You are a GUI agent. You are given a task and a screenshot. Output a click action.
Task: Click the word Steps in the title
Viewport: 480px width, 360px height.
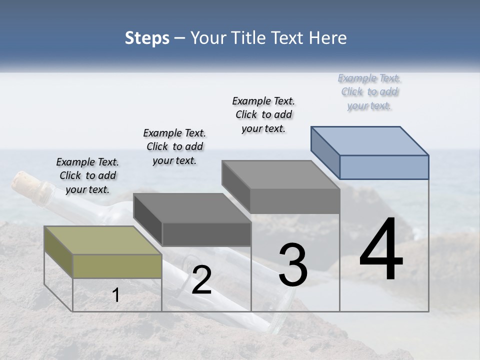pyautogui.click(x=147, y=38)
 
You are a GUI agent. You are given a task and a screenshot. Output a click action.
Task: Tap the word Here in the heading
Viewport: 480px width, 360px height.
pyautogui.click(x=327, y=38)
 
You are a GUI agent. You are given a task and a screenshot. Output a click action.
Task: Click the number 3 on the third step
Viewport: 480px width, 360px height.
pyautogui.click(x=293, y=264)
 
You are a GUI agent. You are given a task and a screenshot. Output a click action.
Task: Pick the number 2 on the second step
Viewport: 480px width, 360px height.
pyautogui.click(x=201, y=280)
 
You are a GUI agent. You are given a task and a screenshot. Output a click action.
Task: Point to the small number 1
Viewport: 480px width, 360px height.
pyautogui.click(x=116, y=295)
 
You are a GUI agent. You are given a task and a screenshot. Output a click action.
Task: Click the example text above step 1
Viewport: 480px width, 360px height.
pyautogui.click(x=87, y=175)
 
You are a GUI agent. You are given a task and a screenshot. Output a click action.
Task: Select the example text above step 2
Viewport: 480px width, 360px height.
pyautogui.click(x=174, y=146)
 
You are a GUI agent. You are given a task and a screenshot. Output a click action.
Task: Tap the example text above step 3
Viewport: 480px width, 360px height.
pyautogui.click(x=263, y=114)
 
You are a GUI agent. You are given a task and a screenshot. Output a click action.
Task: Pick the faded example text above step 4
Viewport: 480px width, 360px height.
pyautogui.click(x=369, y=91)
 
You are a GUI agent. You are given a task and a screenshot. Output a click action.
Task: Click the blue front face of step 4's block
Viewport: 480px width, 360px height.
pyautogui.click(x=384, y=167)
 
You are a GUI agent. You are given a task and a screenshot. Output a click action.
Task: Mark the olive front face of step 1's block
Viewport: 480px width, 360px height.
pyautogui.click(x=117, y=266)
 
